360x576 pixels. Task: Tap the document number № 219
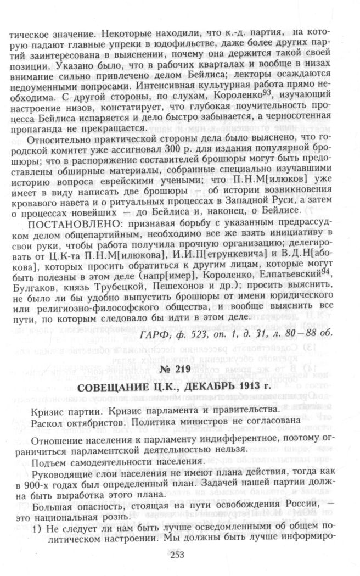tap(180, 370)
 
